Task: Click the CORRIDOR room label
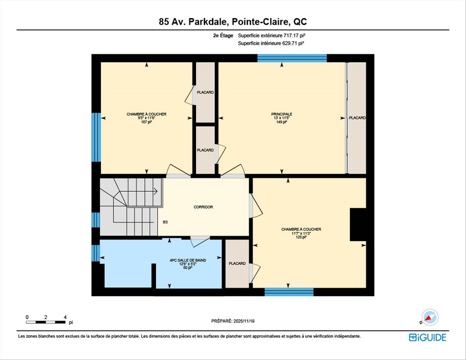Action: pos(203,207)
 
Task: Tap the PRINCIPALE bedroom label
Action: pos(282,114)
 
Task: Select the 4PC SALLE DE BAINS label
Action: pos(188,260)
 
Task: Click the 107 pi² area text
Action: pos(146,122)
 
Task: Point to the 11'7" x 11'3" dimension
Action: pos(301,233)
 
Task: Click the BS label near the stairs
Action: pos(165,222)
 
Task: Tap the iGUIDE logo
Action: pos(428,337)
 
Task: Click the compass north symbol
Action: pos(430,317)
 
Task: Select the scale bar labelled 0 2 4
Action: pos(46,322)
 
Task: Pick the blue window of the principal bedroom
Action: pos(292,58)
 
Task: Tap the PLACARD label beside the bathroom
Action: pos(237,263)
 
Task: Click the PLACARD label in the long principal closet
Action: pos(357,118)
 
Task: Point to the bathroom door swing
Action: pos(200,241)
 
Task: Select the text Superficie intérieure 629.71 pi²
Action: pos(271,43)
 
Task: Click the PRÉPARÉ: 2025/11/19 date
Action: pos(233,321)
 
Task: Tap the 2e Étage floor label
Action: pos(223,35)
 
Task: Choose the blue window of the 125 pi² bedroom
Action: pos(289,292)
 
